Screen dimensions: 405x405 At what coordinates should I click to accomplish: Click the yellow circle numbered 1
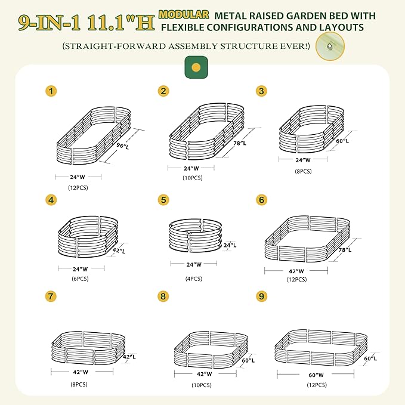(x=52, y=91)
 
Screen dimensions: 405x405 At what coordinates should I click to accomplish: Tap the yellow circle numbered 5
(x=163, y=200)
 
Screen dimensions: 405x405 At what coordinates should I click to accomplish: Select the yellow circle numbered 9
(x=261, y=296)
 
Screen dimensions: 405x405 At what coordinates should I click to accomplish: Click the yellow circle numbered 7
(x=52, y=296)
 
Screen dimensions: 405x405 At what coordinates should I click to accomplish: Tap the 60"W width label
(x=316, y=375)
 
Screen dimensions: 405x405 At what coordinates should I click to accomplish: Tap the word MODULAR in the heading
(x=184, y=14)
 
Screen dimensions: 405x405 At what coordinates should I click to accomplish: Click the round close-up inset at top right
(x=330, y=47)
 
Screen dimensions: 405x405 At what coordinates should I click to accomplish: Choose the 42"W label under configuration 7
(x=82, y=371)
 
